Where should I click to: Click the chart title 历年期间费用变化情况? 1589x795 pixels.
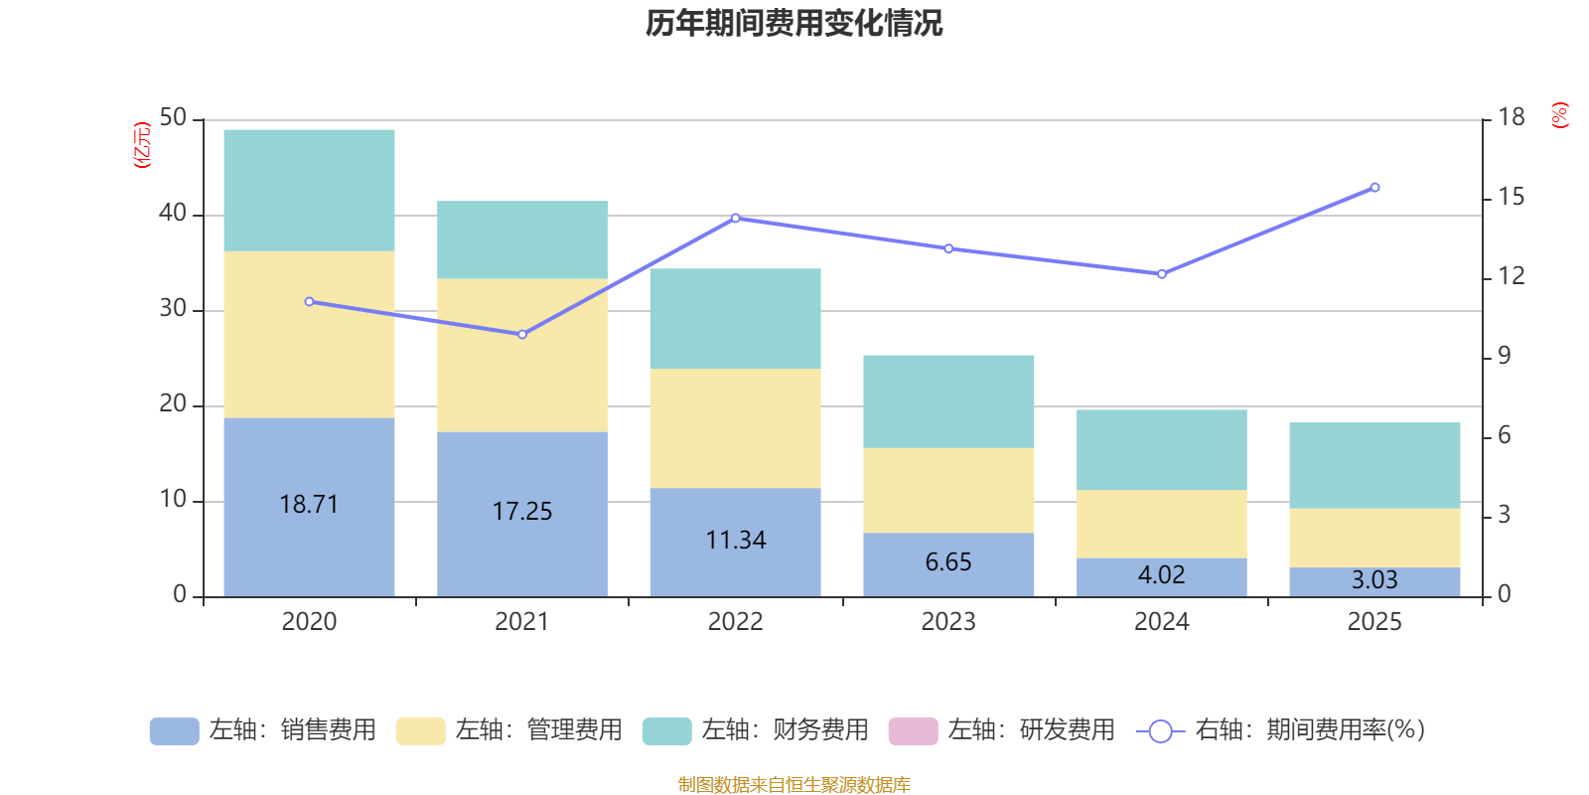pos(794,23)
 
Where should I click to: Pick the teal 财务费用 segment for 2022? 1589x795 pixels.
pos(735,318)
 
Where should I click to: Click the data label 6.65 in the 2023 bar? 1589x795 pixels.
pos(948,562)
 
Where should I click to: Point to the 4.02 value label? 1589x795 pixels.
pos(1161,575)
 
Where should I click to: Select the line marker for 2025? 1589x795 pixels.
pos(1374,188)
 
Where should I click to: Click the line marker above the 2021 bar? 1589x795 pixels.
pos(522,334)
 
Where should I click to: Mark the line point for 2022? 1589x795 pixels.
pos(736,218)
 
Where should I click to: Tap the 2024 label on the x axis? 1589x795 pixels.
pos(1161,622)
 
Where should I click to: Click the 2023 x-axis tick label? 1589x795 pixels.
pos(948,622)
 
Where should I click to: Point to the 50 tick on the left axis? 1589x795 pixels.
pos(173,118)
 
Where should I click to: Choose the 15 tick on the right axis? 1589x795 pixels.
pos(1511,197)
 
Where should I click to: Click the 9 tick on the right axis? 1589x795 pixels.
pos(1504,356)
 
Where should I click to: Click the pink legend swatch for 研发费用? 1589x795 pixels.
pos(913,730)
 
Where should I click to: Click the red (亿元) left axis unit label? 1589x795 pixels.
pos(142,145)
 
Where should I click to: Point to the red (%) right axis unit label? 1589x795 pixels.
pos(1560,115)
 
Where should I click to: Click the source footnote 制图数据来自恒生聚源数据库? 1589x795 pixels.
pos(794,785)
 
